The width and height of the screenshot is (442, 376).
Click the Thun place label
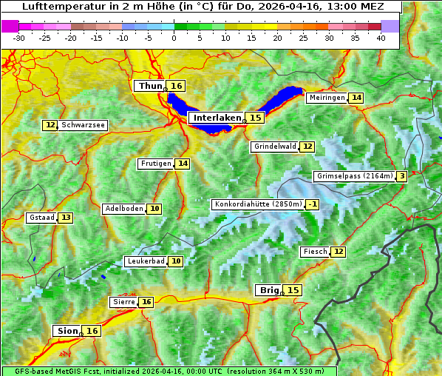150,87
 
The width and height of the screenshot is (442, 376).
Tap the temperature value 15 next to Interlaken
255,118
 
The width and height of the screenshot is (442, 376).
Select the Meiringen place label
326,98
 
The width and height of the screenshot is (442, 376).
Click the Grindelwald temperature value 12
307,147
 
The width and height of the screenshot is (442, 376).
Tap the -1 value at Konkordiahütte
313,204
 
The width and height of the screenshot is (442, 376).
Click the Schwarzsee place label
84,125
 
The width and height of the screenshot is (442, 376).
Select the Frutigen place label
155,164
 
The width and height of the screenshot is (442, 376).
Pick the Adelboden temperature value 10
154,209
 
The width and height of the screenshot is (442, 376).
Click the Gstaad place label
41,218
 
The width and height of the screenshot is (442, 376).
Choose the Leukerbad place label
144,261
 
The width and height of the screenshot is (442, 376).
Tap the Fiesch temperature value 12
338,252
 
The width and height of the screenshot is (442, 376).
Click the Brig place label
268,290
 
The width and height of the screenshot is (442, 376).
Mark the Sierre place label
123,302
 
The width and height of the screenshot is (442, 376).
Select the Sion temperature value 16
92,331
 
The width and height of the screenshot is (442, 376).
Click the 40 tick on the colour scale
381,38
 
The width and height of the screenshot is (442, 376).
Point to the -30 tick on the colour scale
19,38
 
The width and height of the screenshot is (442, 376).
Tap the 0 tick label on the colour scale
174,38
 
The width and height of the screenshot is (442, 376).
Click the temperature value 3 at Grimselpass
401,176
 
